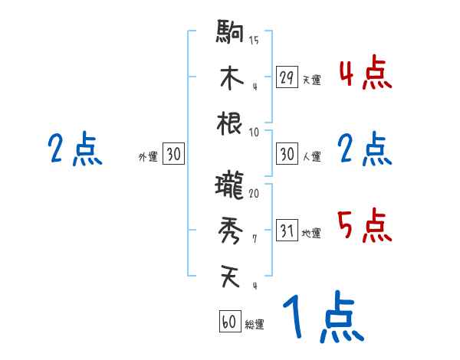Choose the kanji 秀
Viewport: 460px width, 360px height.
tap(230, 230)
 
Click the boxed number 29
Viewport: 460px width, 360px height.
tap(287, 77)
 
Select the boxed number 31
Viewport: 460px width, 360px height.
tap(287, 231)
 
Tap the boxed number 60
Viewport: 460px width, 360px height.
tap(229, 322)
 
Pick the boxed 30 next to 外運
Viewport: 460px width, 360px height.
tap(173, 154)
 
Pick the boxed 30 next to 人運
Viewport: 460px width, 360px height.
tap(287, 154)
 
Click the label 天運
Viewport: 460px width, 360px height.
tap(311, 80)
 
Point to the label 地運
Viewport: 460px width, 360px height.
tap(311, 234)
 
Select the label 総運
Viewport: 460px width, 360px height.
tap(255, 325)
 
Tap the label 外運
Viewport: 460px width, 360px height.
tap(147, 157)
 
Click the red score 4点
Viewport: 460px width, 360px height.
tap(364, 73)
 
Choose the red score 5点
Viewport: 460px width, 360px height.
tap(364, 226)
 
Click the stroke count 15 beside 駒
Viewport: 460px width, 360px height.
tap(254, 40)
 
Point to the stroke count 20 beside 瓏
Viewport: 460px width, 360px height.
tap(254, 193)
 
